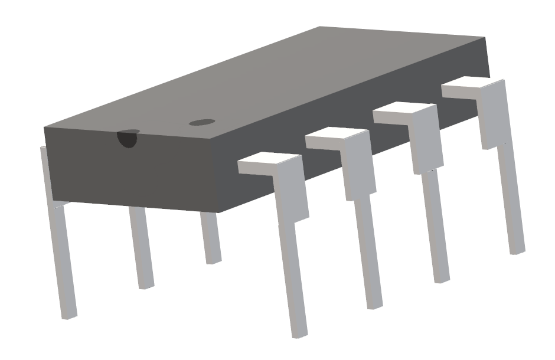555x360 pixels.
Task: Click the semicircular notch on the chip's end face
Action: click(127, 139)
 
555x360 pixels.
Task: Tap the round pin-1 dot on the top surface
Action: click(201, 123)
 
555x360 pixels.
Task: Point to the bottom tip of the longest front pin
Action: click(301, 333)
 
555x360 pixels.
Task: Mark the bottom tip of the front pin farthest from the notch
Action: click(517, 250)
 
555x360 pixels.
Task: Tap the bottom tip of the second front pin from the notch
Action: click(375, 305)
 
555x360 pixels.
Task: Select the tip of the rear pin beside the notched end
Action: click(70, 316)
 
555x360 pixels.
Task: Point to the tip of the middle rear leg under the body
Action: click(145, 286)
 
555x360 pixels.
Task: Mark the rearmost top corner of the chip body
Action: click(319, 27)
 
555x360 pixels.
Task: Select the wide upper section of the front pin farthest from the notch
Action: click(494, 115)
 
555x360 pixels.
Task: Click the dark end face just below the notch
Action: click(130, 171)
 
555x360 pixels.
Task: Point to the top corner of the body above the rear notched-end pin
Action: click(45, 127)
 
